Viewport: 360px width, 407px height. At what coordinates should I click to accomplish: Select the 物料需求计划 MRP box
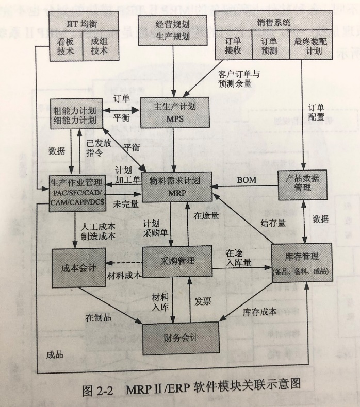(x=174, y=187)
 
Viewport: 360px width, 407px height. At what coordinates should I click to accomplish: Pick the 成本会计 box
(x=76, y=267)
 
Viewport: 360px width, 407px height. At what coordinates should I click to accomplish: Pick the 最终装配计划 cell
(x=308, y=45)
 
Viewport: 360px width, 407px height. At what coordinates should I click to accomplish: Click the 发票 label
(x=203, y=301)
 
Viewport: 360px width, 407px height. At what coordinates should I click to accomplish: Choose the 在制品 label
(x=98, y=317)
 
